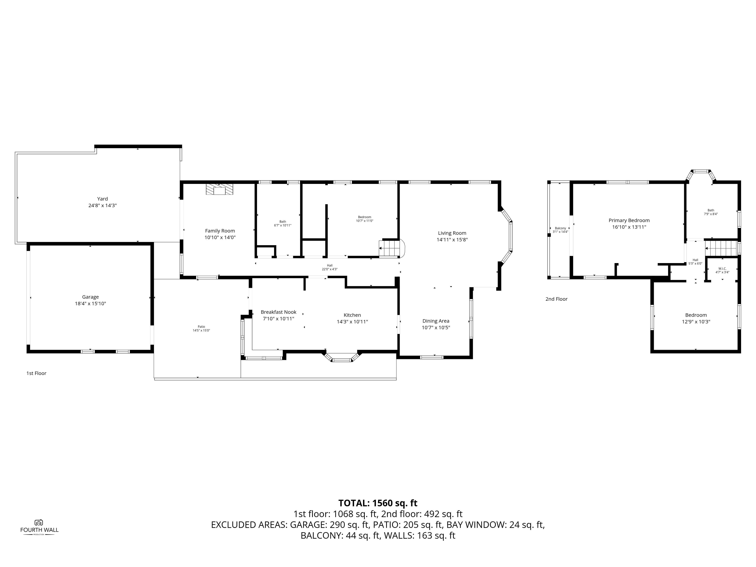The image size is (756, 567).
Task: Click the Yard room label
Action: [x=102, y=199]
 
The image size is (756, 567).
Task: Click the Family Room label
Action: [x=220, y=231]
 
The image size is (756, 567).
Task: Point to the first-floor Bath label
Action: [x=283, y=222]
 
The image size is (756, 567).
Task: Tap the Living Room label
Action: [x=452, y=233]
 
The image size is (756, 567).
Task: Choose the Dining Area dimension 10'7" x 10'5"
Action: [x=436, y=327]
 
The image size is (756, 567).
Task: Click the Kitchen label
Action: [x=352, y=315]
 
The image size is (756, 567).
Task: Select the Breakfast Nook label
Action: [x=279, y=312]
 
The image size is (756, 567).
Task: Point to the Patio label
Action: [x=201, y=327]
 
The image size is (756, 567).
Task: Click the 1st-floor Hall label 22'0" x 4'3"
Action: [x=329, y=267]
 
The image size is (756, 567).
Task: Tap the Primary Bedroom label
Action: [x=629, y=220]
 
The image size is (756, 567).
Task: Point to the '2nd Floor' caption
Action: [x=556, y=299]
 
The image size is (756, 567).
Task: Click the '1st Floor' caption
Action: [x=36, y=373]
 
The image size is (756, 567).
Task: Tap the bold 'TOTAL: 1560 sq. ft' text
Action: [x=378, y=503]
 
